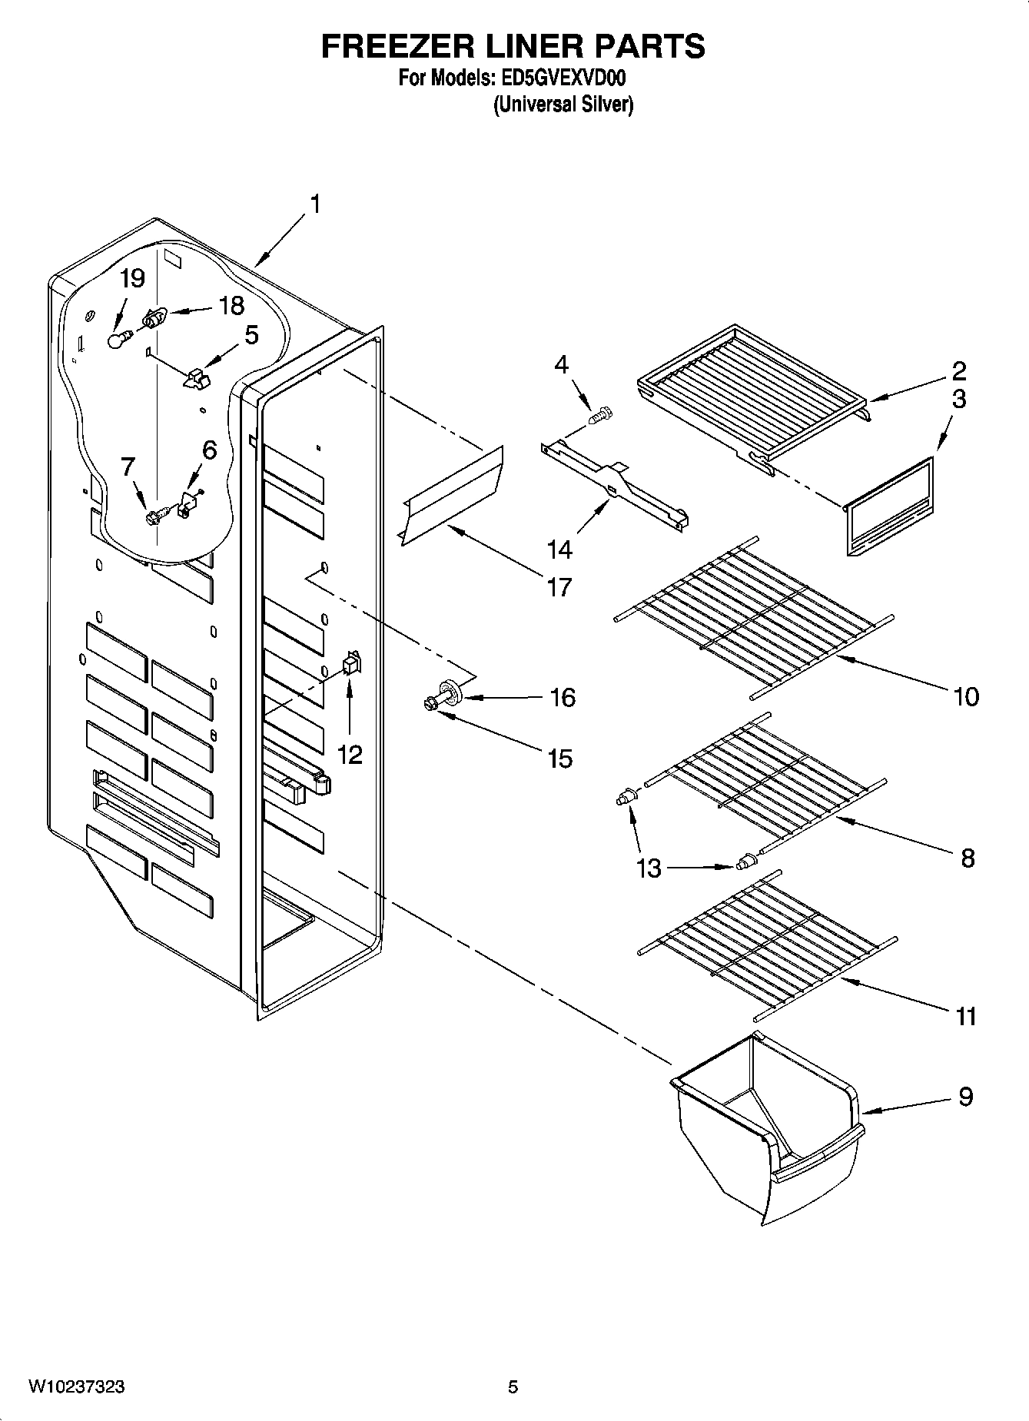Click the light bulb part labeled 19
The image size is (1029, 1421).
pyautogui.click(x=115, y=339)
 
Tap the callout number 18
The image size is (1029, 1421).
pyautogui.click(x=231, y=306)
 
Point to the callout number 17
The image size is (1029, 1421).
pyautogui.click(x=559, y=587)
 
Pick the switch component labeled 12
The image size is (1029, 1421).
pyautogui.click(x=351, y=662)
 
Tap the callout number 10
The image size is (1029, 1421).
pyautogui.click(x=966, y=697)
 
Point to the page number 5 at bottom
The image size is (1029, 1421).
pyautogui.click(x=513, y=1387)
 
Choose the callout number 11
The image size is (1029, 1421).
pyautogui.click(x=965, y=1016)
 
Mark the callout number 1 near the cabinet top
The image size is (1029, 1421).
pyautogui.click(x=314, y=204)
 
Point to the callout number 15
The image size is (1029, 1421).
pyautogui.click(x=560, y=759)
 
